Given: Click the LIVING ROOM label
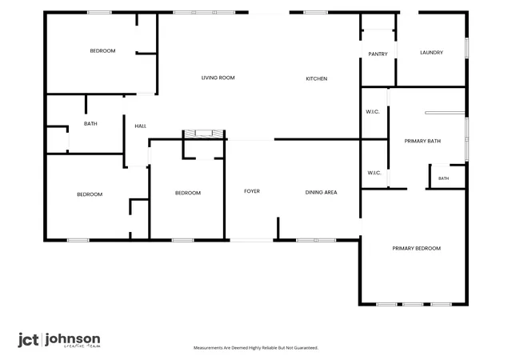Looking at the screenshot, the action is coord(218,78).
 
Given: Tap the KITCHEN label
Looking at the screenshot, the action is coord(317,78).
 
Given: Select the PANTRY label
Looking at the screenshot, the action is coord(378,54).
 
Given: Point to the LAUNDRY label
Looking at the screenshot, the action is coord(431,53).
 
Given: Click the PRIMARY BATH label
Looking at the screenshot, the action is coord(422,141).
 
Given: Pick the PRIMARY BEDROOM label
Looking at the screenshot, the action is coord(416,249).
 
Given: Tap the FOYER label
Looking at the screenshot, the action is coord(252,191).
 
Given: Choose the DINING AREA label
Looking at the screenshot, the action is coord(321,193).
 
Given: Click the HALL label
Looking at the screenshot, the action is coord(141,126).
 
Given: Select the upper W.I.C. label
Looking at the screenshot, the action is coord(373,112).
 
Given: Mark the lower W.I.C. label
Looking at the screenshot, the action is coord(374,173).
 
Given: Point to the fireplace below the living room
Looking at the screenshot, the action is coord(204,134).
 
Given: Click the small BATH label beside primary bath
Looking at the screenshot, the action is coord(443,178).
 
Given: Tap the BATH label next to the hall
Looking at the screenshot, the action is coord(90,124).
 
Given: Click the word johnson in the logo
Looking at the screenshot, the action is coord(73,340).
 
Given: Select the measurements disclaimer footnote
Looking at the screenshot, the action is coord(256,348).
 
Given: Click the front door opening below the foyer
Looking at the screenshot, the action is coord(251,241).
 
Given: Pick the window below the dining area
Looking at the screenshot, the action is coord(316,241).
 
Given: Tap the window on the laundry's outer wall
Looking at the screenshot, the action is coord(467,48).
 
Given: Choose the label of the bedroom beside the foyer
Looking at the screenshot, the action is coord(188,193).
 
